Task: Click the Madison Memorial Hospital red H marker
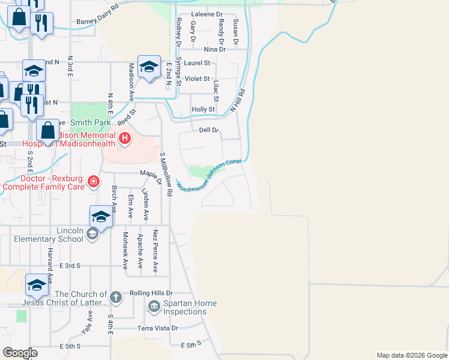pos(125,139)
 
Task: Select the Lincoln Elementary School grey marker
pos(92,234)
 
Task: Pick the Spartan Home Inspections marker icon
pos(154,307)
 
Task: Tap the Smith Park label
pos(90,123)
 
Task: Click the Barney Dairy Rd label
pos(98,22)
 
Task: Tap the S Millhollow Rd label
pos(166,174)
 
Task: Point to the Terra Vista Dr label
pos(158,328)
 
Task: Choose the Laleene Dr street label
pos(206,13)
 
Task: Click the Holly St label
pos(203,109)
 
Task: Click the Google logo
pos(20,353)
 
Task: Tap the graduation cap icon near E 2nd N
pos(148,67)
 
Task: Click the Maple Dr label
pos(151,176)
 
